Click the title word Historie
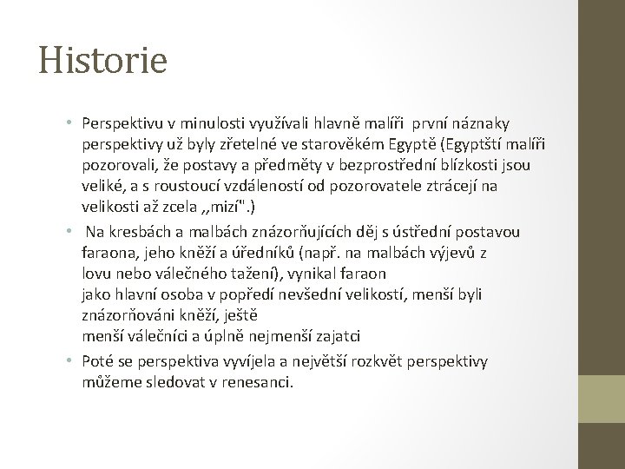103,60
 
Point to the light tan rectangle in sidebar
602,409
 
